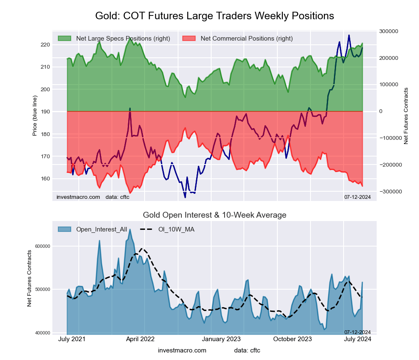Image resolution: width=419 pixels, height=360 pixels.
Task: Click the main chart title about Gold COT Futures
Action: coord(215,16)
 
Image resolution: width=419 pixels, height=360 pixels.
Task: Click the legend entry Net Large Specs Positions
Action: coord(123,39)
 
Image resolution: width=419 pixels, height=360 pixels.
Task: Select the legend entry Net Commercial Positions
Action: coord(246,39)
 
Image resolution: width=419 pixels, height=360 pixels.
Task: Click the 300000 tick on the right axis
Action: coord(388,31)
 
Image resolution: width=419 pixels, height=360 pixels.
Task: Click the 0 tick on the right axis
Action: coord(381,111)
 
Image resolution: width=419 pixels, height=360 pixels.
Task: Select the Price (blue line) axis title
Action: coord(35,111)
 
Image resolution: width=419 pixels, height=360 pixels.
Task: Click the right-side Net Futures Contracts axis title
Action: coord(406,116)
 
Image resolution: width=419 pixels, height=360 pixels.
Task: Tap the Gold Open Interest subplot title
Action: coord(215,215)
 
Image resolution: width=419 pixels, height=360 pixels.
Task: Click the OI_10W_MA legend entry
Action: coord(176,229)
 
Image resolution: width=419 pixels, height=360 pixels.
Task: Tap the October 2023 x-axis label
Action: coord(292,339)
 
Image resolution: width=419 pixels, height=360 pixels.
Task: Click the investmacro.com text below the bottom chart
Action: coord(182,350)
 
